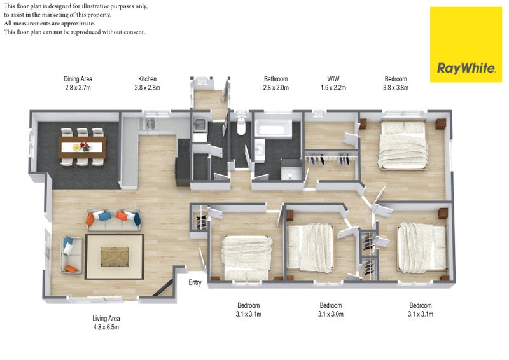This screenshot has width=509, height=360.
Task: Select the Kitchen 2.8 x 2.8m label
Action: pyautogui.click(x=147, y=83)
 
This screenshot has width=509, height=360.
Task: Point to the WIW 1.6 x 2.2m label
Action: pyautogui.click(x=332, y=83)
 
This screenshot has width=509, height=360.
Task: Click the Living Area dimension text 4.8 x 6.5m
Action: pyautogui.click(x=106, y=328)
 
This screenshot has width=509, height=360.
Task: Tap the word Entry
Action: pyautogui.click(x=196, y=284)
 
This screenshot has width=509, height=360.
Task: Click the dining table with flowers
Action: pyautogui.click(x=81, y=147)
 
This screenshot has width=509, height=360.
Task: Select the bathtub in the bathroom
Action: pyautogui.click(x=272, y=130)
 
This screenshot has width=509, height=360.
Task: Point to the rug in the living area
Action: pyautogui.click(x=115, y=256)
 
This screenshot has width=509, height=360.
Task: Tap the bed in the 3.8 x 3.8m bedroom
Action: pyautogui.click(x=402, y=144)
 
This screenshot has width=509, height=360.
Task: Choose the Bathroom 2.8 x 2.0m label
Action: pyautogui.click(x=276, y=83)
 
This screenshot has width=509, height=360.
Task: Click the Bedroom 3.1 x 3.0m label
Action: pyautogui.click(x=331, y=310)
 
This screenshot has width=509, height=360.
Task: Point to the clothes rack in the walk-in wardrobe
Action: pyautogui.click(x=329, y=159)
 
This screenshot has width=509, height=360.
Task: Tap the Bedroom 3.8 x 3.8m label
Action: pyautogui.click(x=396, y=83)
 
